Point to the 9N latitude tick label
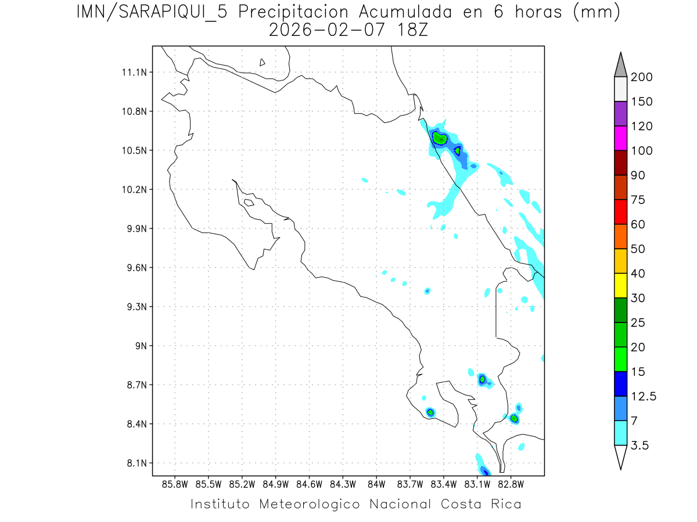point(140,346)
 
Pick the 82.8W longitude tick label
point(511,484)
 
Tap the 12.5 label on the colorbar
point(643,396)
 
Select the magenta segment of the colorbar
point(620,138)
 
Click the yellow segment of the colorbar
point(620,285)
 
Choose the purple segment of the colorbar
point(620,114)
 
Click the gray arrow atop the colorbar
point(620,64)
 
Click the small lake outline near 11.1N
point(263,63)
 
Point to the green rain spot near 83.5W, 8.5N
point(430,412)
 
